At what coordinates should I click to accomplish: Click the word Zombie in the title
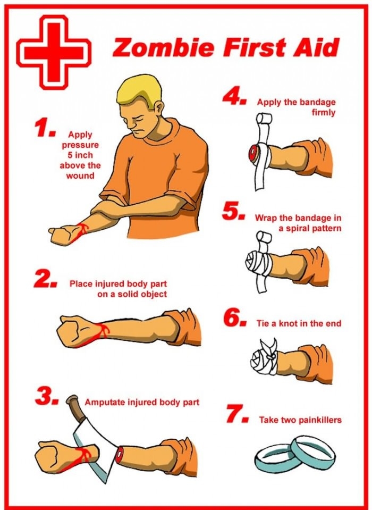(160, 48)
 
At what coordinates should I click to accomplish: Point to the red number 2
(44, 280)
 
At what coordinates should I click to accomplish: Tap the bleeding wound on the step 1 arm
(80, 230)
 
